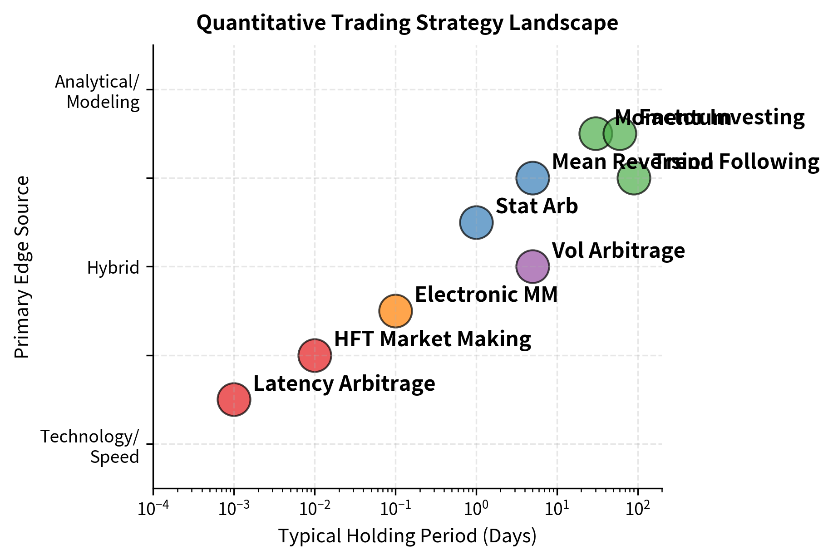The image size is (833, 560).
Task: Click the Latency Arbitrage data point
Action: pos(234,399)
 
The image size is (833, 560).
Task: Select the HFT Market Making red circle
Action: pos(315,355)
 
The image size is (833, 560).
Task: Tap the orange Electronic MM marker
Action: pos(395,311)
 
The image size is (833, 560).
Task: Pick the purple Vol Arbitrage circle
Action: pos(532,266)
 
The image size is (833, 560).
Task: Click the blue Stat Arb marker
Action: pos(476,222)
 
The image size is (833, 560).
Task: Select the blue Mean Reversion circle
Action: pos(532,178)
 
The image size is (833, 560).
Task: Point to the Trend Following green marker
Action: pos(634,178)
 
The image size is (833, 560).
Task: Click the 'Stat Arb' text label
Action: pos(537,206)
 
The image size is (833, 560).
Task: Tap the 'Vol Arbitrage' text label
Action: pos(618,251)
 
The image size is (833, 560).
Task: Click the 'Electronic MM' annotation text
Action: pos(486,295)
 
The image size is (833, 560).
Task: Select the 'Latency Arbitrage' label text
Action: pos(344,384)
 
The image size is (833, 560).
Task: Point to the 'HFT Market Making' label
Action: pos(432,339)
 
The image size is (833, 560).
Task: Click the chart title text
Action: pos(407,23)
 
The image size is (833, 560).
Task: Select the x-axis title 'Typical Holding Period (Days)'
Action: pos(407,536)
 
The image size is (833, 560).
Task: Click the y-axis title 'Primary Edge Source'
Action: pos(22,267)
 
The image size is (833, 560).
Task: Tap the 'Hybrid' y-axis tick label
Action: pos(113,268)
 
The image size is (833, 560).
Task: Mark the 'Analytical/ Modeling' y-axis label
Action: pos(97,92)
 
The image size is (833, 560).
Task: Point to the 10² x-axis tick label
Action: pos(637,509)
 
